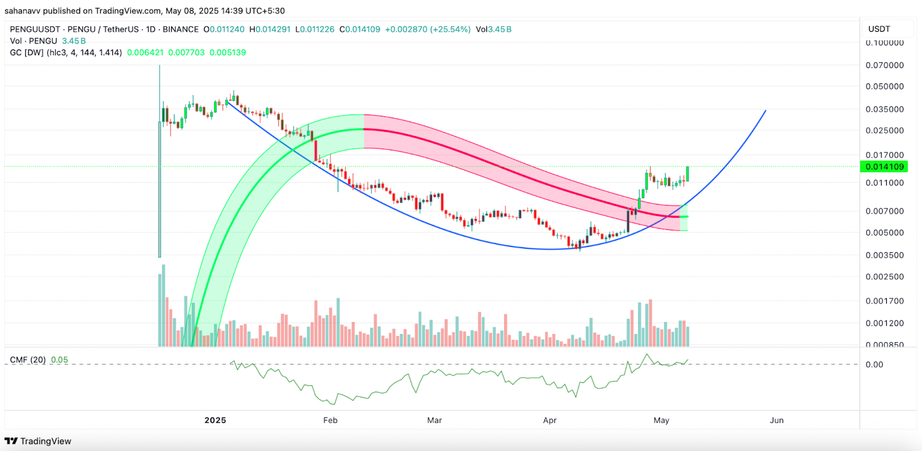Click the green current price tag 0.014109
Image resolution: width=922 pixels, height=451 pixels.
pos(885,166)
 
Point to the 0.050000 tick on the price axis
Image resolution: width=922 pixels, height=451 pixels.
pos(885,86)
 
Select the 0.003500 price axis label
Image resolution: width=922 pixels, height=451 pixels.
pos(885,255)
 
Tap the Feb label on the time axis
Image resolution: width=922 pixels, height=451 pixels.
pos(330,420)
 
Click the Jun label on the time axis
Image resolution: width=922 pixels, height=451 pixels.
pos(777,420)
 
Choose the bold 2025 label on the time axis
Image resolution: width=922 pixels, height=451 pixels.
pos(215,420)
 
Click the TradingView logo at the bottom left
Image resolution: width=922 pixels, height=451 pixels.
pos(38,441)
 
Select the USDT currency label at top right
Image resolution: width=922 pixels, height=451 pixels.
pos(879,29)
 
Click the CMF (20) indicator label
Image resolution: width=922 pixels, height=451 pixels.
pos(28,360)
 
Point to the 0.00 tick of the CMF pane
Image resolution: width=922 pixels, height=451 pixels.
pos(874,364)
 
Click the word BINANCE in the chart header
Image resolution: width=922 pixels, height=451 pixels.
pos(180,29)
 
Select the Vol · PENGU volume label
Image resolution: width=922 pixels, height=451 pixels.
pos(33,41)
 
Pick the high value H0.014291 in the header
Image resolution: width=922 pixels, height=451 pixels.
pos(270,29)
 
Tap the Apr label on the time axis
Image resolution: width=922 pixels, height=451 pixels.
pos(550,420)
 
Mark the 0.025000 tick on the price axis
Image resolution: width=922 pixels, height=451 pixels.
pos(885,131)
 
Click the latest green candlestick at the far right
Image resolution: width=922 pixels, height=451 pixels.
pos(687,174)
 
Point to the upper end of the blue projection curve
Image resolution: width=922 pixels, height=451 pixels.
pos(765,111)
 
